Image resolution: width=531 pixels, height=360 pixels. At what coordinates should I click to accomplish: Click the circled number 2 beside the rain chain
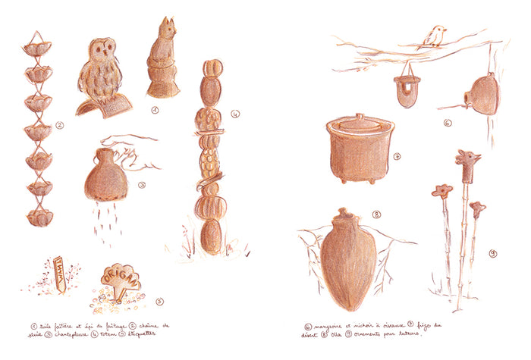59,126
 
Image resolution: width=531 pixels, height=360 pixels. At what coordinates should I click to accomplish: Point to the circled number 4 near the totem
236,115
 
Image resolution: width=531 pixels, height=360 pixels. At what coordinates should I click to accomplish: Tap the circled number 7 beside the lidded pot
397,157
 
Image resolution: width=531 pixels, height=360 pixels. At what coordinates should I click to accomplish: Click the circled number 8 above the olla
376,214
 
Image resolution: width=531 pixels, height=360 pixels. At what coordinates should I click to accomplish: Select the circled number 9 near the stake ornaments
493,252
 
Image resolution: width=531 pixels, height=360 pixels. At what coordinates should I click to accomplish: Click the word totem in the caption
108,333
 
